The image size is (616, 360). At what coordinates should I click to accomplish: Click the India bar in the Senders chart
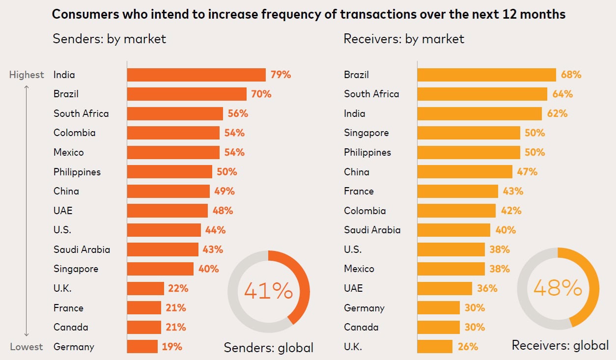pos(196,75)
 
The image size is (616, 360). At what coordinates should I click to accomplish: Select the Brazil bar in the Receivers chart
pos(486,75)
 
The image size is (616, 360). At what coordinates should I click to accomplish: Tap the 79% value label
pos(280,75)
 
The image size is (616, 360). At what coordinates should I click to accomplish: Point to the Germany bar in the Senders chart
pos(142,346)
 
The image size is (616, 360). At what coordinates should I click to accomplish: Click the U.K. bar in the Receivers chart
pos(435,346)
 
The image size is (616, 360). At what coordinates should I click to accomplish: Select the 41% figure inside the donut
pos(268,291)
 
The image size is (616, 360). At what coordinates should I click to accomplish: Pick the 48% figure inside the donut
pos(558,288)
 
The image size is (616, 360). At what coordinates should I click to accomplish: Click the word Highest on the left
pos(27,75)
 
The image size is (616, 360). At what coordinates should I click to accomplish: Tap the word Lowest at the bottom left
pos(27,347)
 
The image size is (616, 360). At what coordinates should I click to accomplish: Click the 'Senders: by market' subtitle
pos(109,39)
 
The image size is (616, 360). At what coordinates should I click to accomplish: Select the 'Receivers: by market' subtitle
pos(404,39)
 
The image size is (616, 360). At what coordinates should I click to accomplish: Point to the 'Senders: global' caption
pos(268,348)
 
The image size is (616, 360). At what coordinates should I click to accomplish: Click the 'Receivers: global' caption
pos(560,345)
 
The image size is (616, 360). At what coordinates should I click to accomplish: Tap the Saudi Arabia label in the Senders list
pos(82,249)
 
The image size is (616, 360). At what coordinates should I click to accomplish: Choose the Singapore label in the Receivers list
pos(366,133)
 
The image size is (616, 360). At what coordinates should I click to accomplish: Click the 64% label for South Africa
pos(562,94)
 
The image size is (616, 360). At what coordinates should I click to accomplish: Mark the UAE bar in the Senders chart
pos(167,211)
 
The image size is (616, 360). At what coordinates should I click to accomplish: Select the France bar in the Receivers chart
pos(457,191)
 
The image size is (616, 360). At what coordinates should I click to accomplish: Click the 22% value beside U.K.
pos(178,288)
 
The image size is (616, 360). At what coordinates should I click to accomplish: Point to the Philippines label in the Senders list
pos(77,172)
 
